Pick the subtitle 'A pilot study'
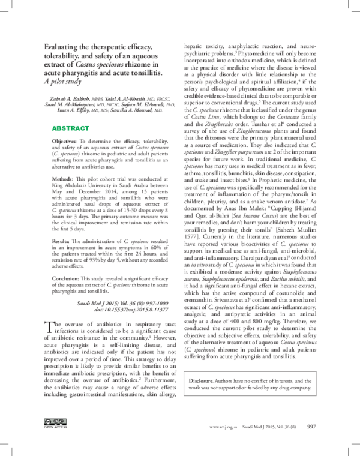coord(64,82)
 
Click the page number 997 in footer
coord(311,427)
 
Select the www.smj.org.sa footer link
coord(221,427)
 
